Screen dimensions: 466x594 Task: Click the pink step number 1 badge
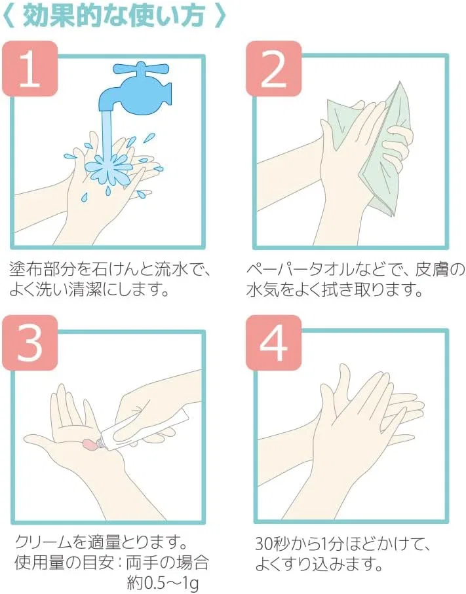[x=30, y=69]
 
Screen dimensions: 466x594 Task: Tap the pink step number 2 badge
[x=273, y=69]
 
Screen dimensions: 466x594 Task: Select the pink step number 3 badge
[x=30, y=343]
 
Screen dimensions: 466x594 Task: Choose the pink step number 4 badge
[x=273, y=343]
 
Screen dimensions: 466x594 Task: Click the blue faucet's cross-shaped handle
[x=141, y=71]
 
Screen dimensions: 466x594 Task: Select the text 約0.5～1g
[x=163, y=584]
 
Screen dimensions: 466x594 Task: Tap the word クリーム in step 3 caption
[x=43, y=542]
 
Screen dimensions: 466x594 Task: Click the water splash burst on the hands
[x=109, y=168]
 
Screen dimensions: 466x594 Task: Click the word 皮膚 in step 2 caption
[x=430, y=270]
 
